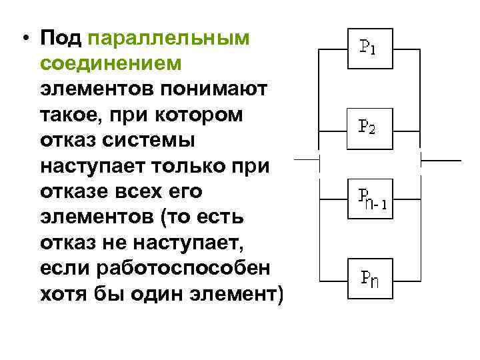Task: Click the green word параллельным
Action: [169, 38]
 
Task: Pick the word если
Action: [64, 268]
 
